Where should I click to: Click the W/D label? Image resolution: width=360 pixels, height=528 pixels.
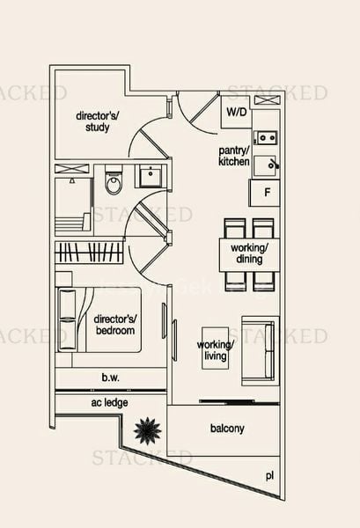(236, 113)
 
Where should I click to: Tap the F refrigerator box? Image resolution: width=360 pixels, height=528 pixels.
(264, 193)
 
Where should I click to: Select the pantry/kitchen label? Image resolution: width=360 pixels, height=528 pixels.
(235, 157)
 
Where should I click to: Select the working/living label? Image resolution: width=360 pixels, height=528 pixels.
(215, 349)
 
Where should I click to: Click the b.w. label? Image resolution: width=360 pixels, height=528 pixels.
(109, 378)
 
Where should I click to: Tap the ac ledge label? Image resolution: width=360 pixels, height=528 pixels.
(109, 402)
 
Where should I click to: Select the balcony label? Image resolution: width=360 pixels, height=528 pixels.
(227, 429)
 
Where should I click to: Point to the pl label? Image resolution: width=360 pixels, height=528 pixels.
(269, 475)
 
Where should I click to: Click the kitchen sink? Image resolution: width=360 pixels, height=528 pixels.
(265, 137)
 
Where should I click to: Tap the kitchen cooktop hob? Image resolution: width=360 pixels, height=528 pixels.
(265, 164)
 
